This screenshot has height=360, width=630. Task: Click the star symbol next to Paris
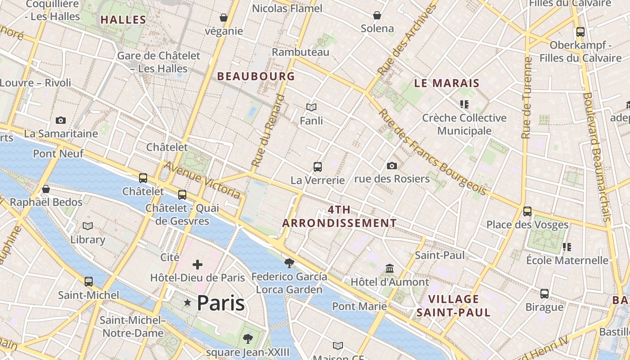187,303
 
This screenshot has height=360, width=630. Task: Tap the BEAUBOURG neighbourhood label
256,76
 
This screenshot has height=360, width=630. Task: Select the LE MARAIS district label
447,83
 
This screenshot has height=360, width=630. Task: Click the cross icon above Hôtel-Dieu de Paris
198,265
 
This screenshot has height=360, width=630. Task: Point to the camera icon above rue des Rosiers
392,166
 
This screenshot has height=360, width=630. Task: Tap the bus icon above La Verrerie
318,167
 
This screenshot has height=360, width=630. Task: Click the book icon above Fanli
311,107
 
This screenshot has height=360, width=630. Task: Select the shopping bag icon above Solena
377,15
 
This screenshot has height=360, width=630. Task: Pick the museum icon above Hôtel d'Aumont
390,269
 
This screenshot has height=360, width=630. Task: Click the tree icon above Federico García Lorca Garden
289,263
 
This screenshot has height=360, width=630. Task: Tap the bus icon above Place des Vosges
527,211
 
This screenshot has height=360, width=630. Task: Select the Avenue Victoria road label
202,180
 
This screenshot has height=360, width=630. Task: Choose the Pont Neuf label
58,154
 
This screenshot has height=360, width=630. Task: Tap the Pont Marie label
360,306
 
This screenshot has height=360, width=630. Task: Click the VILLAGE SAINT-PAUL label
454,306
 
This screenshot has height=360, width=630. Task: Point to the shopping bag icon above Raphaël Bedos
45,189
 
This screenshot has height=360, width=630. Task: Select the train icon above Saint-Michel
89,282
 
